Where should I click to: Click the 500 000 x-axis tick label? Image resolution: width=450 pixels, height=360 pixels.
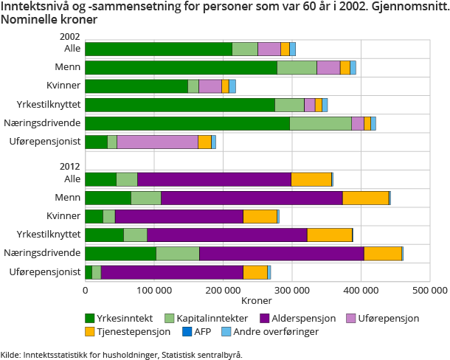429,290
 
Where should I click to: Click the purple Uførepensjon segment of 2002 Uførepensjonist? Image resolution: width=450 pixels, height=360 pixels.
157,142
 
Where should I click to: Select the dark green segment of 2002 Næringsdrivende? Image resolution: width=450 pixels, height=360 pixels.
187,123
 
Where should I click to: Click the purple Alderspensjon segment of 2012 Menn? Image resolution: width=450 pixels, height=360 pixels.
252,197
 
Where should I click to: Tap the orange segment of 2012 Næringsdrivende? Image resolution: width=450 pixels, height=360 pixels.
382,253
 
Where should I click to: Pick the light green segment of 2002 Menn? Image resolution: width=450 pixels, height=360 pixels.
297,68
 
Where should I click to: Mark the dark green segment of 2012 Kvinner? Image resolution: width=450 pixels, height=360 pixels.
94,215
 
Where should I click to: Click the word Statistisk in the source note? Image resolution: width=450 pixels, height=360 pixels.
179,354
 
